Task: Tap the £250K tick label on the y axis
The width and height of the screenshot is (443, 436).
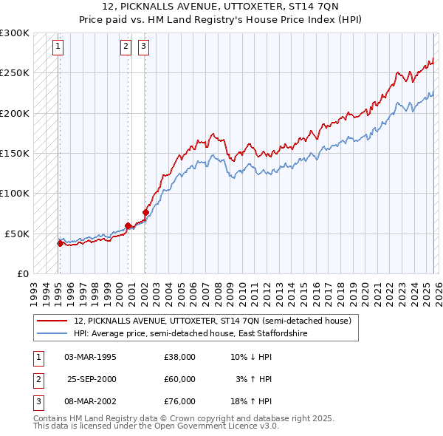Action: [15, 73]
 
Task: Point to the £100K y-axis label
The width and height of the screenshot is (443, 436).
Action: [15, 193]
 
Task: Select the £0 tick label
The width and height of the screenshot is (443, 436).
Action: [22, 273]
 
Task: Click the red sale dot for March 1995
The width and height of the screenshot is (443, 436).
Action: [60, 242]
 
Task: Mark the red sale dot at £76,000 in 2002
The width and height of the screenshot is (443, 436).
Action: [145, 212]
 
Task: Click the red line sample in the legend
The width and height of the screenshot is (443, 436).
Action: [52, 321]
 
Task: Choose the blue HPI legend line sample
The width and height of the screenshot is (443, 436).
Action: [52, 333]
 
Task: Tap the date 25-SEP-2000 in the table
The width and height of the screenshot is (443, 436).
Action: [91, 379]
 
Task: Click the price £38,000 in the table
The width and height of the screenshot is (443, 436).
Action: [179, 357]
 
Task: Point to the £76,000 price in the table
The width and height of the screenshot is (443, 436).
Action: [179, 401]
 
